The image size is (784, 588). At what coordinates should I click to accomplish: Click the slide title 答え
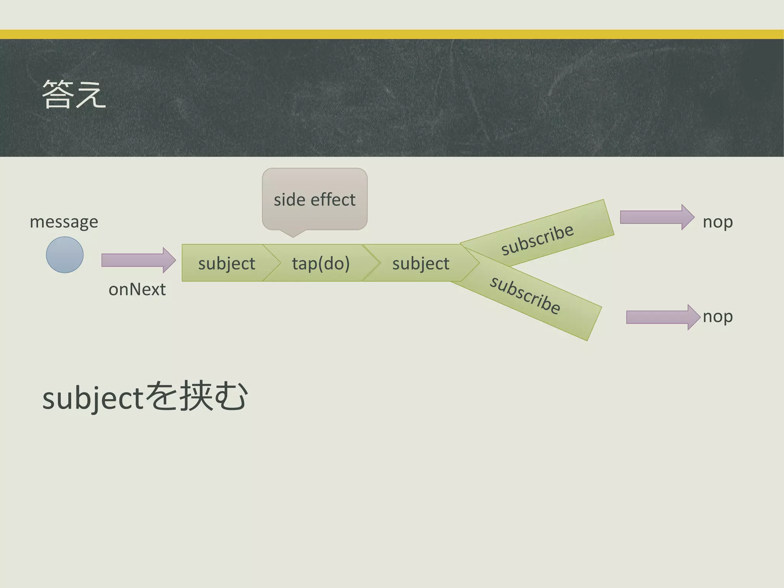pyautogui.click(x=73, y=94)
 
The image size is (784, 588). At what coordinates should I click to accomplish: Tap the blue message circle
pyautogui.click(x=65, y=255)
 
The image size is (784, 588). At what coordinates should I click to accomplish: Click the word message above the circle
pyautogui.click(x=64, y=222)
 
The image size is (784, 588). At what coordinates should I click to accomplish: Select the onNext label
pyautogui.click(x=137, y=289)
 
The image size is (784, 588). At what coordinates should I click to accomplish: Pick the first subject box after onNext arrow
pyautogui.click(x=226, y=263)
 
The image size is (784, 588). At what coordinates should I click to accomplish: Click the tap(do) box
pyautogui.click(x=321, y=263)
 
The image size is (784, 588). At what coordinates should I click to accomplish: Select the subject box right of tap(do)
pyautogui.click(x=420, y=263)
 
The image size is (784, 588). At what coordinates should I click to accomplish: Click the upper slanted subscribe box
pyautogui.click(x=537, y=239)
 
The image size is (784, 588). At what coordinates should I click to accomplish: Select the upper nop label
pyautogui.click(x=717, y=222)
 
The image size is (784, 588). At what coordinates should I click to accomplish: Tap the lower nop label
pyautogui.click(x=717, y=317)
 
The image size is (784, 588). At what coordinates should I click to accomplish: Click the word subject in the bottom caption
pyautogui.click(x=93, y=398)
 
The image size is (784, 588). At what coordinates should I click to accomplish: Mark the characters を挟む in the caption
pyautogui.click(x=196, y=397)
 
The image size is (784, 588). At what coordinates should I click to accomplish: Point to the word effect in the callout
pyautogui.click(x=333, y=200)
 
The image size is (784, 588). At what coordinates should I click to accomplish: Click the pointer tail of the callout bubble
pyautogui.click(x=293, y=234)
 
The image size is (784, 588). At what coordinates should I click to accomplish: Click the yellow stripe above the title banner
pyautogui.click(x=392, y=34)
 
